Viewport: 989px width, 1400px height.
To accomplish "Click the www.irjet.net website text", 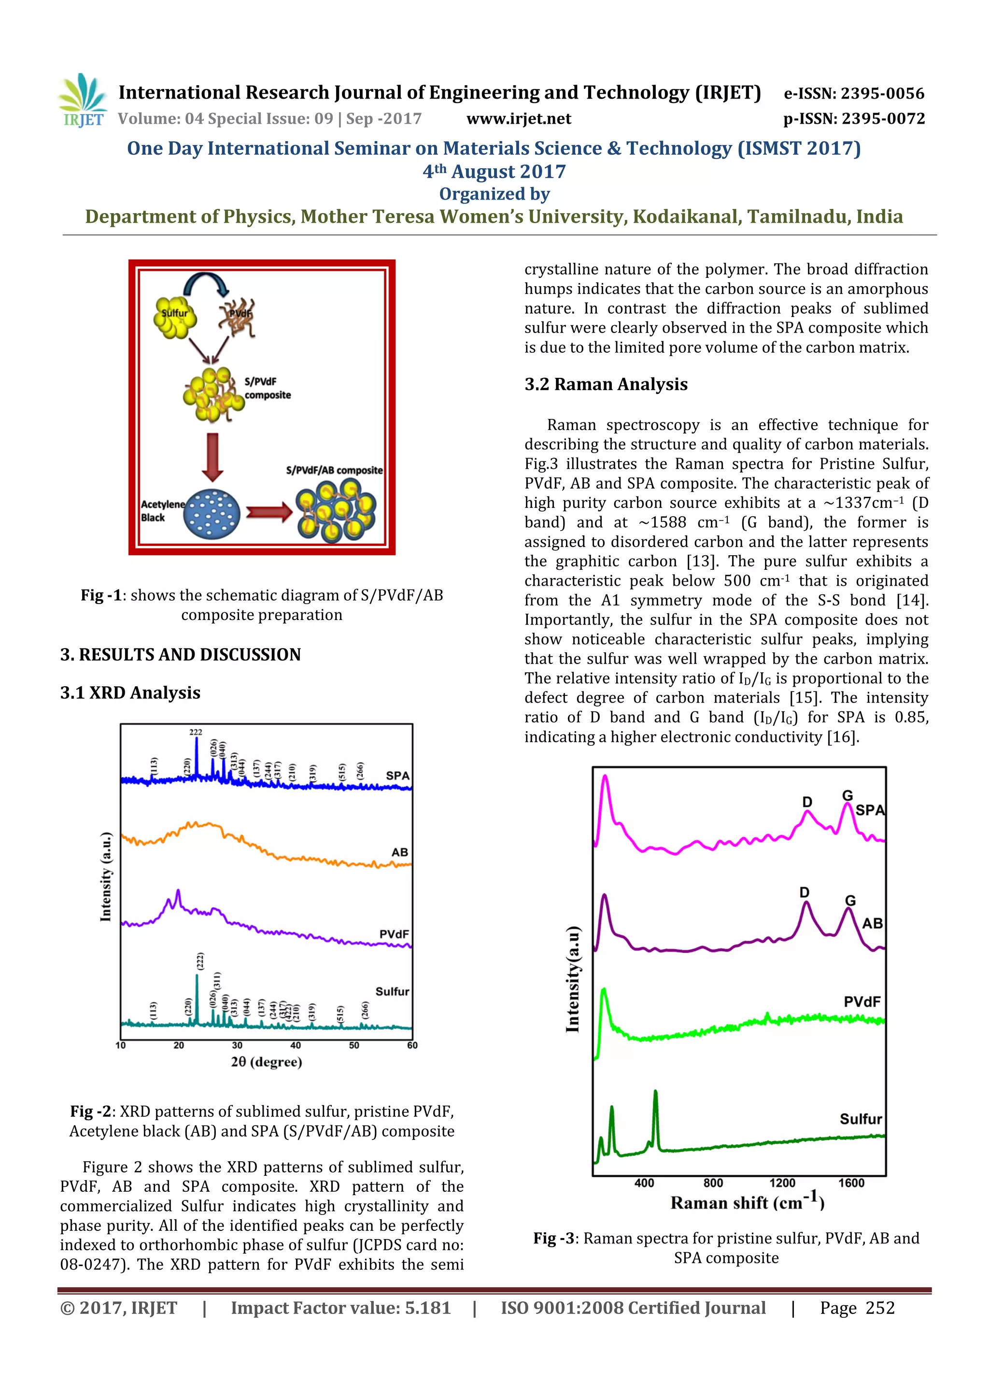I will coord(519,119).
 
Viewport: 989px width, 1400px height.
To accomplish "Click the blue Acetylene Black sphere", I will coord(212,515).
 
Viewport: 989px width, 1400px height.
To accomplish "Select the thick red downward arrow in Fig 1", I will coord(212,457).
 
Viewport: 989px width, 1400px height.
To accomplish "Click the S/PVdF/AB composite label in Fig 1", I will coord(334,470).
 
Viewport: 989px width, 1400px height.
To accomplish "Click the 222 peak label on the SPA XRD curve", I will coord(196,732).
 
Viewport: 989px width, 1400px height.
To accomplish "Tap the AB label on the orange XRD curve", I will coord(400,852).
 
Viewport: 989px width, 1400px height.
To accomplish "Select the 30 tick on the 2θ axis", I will coord(237,1045).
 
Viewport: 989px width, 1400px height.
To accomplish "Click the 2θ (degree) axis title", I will coord(266,1062).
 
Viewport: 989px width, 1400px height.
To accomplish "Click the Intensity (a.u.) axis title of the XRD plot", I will coord(106,876).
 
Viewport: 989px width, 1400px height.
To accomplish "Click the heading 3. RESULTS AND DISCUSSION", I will coord(181,654).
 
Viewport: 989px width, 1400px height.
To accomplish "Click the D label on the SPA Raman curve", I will coord(807,802).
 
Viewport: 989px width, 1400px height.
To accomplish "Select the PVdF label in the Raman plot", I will coord(862,1002).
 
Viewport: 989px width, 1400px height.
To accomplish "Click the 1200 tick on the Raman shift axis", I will coord(782,1183).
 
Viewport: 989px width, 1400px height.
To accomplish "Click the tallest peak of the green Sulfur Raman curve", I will coord(655,1093).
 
